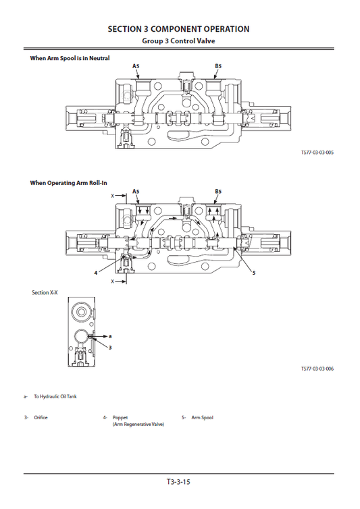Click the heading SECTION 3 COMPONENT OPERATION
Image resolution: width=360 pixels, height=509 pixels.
pos(179,29)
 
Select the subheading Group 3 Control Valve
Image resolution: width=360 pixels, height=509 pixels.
pos(179,41)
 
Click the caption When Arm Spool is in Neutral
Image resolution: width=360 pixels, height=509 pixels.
pos(70,58)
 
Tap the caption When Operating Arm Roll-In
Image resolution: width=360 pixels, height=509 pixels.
pos(69,183)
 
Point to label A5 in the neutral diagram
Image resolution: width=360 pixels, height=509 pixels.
pos(136,66)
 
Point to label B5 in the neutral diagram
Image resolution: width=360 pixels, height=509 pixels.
pos(218,66)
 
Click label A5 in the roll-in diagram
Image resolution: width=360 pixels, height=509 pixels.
pos(136,192)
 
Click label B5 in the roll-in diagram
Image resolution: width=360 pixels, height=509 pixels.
pos(218,192)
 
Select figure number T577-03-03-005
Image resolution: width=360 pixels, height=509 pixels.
pos(317,153)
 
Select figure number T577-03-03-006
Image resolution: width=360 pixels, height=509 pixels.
pos(317,369)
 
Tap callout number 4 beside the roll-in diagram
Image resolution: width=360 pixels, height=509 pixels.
pos(96,273)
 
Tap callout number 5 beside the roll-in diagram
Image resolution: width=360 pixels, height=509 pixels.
pos(253,273)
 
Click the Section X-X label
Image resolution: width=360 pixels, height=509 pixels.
pos(45,292)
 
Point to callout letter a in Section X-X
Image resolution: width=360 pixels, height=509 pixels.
pos(110,335)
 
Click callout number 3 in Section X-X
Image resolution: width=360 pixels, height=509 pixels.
pos(110,346)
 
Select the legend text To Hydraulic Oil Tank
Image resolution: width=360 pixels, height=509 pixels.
pos(55,396)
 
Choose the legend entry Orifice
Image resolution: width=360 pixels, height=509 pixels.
pos(41,418)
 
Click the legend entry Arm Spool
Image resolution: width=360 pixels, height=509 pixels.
pos(202,418)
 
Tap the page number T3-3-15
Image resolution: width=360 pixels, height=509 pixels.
pos(179,482)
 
